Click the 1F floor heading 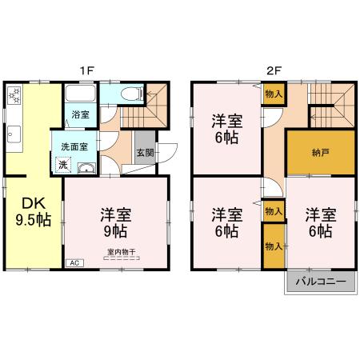point(87,70)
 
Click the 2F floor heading point(274,70)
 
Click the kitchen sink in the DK point(14,134)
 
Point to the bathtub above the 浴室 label point(80,94)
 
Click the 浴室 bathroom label point(80,114)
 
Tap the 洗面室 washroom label point(74,146)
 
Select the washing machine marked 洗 point(63,165)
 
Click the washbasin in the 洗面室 point(86,168)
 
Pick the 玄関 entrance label point(146,153)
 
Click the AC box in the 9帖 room point(74,263)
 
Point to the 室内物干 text point(122,251)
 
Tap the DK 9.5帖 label point(34,212)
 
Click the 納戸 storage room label point(320,153)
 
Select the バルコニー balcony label point(321,282)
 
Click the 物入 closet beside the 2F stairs point(274,94)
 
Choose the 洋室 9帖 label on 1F point(116,223)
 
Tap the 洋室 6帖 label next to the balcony point(321,223)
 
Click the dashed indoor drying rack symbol point(122,258)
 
